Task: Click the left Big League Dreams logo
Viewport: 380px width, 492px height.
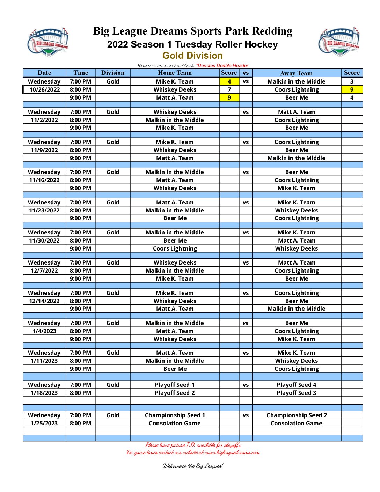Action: pyautogui.click(x=48, y=42)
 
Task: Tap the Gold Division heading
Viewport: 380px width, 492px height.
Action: pyautogui.click(x=192, y=56)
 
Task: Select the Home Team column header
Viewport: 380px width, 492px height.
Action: pyautogui.click(x=175, y=73)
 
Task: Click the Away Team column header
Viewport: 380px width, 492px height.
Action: pyautogui.click(x=296, y=73)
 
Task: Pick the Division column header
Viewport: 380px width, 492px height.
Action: pyautogui.click(x=113, y=73)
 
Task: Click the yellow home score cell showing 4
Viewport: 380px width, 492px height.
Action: pyautogui.click(x=229, y=81)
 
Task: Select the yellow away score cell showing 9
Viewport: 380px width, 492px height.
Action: pyautogui.click(x=352, y=89)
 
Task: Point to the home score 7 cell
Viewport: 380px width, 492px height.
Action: pyautogui.click(x=229, y=89)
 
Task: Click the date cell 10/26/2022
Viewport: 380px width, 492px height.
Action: pyautogui.click(x=44, y=89)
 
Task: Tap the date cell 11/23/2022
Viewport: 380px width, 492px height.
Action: pyautogui.click(x=44, y=210)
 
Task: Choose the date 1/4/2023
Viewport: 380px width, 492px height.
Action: pyautogui.click(x=44, y=331)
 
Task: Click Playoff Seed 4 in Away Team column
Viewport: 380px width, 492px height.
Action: pyautogui.click(x=296, y=385)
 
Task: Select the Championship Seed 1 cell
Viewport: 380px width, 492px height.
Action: pyautogui.click(x=175, y=415)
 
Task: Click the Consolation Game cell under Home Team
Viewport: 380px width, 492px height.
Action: pyautogui.click(x=175, y=423)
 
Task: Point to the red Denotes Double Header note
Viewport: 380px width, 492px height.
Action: pyautogui.click(x=222, y=65)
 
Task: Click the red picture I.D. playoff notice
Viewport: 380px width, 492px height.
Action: pyautogui.click(x=193, y=445)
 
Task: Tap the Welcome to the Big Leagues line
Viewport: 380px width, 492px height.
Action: pyautogui.click(x=193, y=466)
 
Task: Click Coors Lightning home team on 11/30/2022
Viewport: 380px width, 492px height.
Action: pyautogui.click(x=175, y=248)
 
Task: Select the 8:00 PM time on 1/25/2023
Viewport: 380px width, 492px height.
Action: pyautogui.click(x=80, y=423)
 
